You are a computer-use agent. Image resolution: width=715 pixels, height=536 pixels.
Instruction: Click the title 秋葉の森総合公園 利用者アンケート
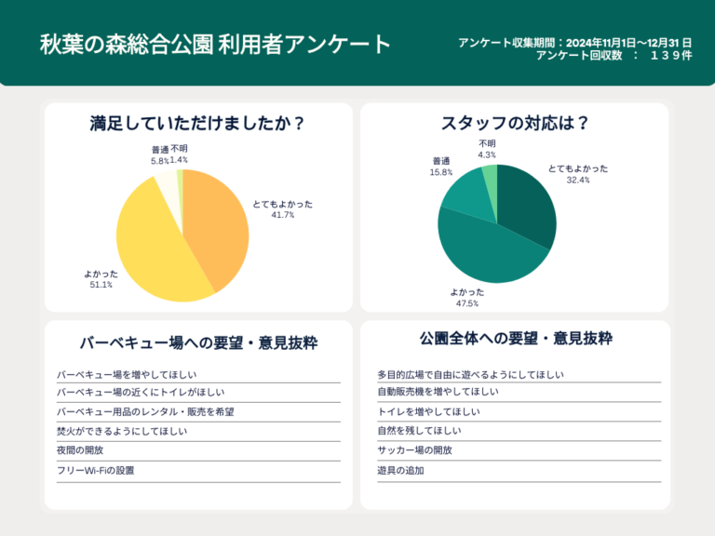tap(215, 44)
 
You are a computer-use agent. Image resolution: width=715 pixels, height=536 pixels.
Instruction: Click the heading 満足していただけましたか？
tap(198, 123)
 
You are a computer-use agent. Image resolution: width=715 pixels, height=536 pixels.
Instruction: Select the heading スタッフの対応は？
tap(515, 123)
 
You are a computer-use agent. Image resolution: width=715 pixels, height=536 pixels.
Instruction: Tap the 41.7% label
tap(283, 215)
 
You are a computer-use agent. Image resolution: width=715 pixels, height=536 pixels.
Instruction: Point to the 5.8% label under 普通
tap(159, 161)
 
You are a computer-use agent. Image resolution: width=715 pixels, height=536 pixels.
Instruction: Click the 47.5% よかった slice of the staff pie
tap(484, 251)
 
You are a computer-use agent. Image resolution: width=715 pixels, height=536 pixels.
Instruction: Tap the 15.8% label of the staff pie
tap(441, 172)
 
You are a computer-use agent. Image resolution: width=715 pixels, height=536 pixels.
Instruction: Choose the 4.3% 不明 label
tap(487, 154)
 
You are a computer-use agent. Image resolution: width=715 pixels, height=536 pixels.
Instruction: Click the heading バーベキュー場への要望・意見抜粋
tap(198, 342)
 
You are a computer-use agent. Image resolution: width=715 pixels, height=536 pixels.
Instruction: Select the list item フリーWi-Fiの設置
tap(95, 471)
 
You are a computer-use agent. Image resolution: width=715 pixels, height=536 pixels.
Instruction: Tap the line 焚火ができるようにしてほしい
tap(122, 432)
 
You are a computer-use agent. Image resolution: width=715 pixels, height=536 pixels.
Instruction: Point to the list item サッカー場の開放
tap(414, 450)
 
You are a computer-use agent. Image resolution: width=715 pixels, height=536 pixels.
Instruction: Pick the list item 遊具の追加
tap(400, 471)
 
